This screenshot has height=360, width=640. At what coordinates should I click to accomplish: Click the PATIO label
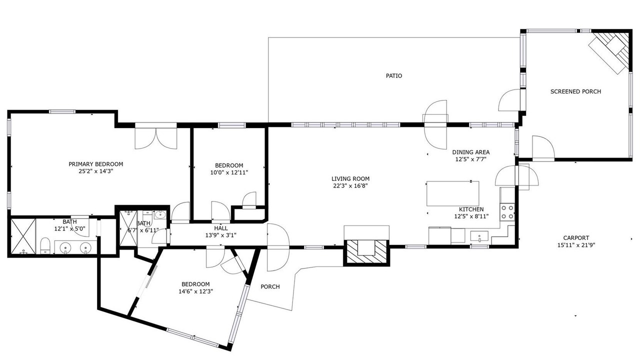click(393, 75)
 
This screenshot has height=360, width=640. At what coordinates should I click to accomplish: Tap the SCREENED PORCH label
click(575, 91)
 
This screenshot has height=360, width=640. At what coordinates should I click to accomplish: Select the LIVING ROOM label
click(350, 178)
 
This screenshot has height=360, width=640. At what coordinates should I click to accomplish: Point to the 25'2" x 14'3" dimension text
click(96, 171)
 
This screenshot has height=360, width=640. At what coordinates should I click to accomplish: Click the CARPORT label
click(576, 237)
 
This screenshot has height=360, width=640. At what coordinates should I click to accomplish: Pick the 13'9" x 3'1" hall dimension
click(221, 235)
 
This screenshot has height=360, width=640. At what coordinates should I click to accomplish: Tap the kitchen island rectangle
click(453, 193)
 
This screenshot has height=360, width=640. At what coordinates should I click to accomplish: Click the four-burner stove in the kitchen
click(507, 211)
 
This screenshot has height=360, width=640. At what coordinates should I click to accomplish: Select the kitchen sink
click(479, 236)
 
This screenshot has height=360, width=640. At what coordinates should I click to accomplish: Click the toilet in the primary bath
click(45, 245)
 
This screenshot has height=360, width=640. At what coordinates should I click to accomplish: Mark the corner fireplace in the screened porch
click(611, 53)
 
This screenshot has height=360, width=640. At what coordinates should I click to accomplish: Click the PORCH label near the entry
click(270, 286)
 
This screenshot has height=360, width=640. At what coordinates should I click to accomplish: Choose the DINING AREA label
click(471, 152)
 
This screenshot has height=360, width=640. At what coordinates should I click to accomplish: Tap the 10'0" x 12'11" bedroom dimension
click(229, 172)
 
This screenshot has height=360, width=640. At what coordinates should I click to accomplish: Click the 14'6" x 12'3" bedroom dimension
click(196, 291)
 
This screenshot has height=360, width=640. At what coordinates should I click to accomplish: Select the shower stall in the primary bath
click(23, 236)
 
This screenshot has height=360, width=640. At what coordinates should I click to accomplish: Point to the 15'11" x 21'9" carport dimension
click(576, 245)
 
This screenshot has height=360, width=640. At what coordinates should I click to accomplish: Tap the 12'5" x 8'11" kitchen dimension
click(471, 216)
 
